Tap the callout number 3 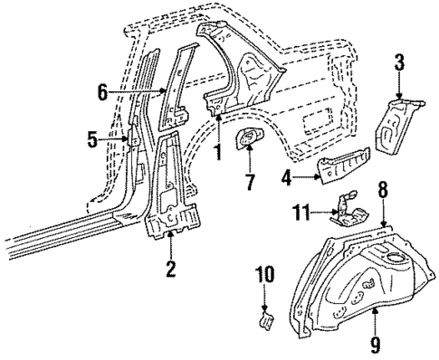click(x=399, y=63)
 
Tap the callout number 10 click(x=263, y=275)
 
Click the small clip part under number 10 click(x=265, y=317)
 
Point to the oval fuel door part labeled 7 click(x=247, y=139)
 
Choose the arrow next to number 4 click(x=305, y=179)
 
